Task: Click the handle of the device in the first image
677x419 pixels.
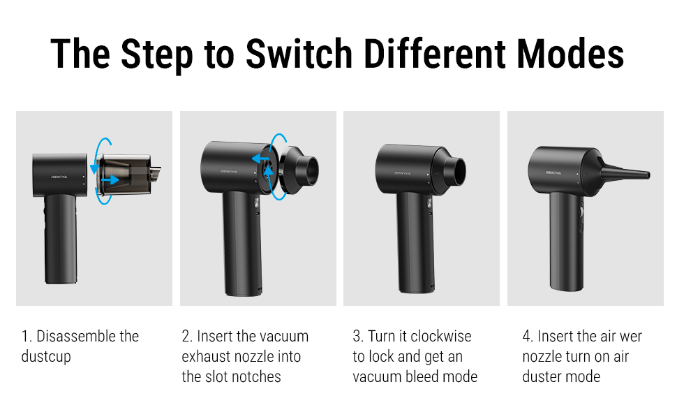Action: pyautogui.click(x=60, y=237)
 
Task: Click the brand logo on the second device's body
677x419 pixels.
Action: pyautogui.click(x=229, y=170)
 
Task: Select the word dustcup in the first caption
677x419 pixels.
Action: pyautogui.click(x=46, y=357)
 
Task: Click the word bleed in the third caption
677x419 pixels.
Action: pyautogui.click(x=426, y=377)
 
